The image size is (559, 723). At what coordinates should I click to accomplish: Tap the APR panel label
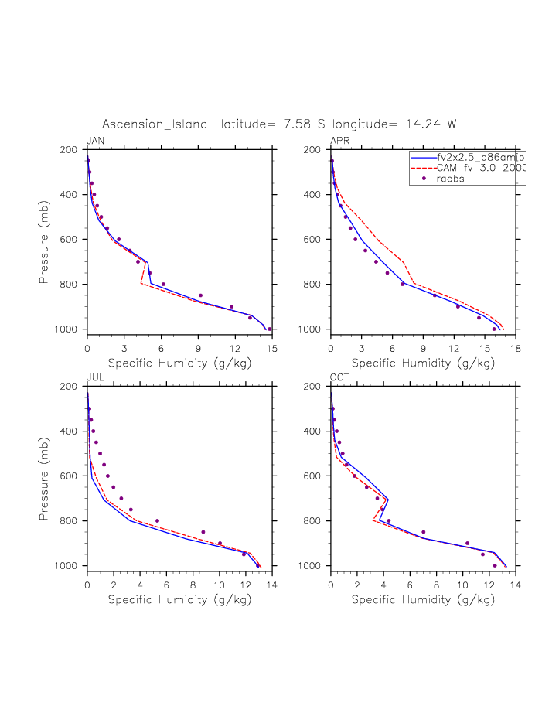click(x=339, y=140)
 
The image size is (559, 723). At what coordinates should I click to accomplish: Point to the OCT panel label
click(x=339, y=377)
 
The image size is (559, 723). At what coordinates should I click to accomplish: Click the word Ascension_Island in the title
click(x=158, y=124)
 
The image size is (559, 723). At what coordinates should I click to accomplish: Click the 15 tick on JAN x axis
click(x=271, y=350)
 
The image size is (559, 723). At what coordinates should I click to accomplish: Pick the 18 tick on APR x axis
click(x=516, y=350)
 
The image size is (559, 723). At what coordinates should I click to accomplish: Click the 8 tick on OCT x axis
click(x=436, y=586)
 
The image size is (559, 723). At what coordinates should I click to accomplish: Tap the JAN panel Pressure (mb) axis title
click(x=44, y=240)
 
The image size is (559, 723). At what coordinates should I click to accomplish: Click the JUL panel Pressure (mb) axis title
click(x=44, y=476)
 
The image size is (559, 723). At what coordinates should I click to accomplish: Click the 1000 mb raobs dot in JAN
click(x=268, y=329)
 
